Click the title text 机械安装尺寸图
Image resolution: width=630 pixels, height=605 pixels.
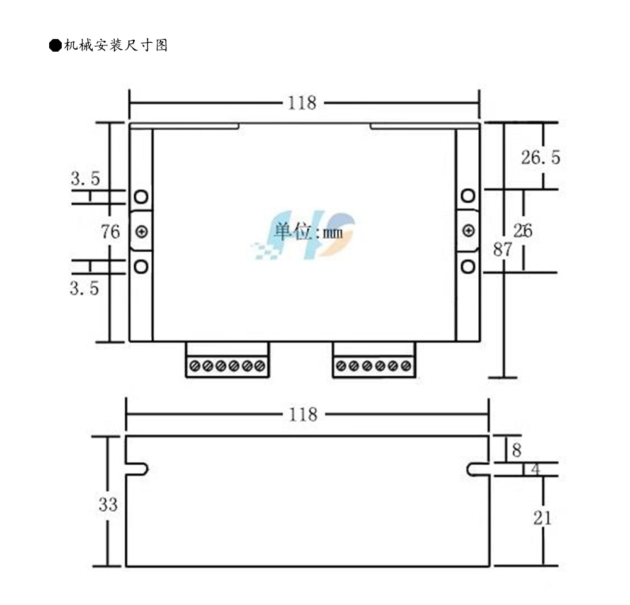pos(115,45)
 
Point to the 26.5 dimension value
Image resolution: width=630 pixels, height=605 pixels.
pos(540,157)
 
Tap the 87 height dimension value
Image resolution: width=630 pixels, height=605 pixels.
pos(502,249)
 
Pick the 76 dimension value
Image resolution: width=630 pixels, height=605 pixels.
pos(110,232)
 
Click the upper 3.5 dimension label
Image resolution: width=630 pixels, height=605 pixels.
pos(85,179)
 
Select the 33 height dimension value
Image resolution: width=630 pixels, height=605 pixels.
pos(108,504)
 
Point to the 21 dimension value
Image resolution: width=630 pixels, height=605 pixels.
pos(542,518)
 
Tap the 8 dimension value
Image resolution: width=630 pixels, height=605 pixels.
pos(517,450)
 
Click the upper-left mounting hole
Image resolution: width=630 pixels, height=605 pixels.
pos(141,196)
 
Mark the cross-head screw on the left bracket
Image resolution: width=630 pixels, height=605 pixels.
pos(141,232)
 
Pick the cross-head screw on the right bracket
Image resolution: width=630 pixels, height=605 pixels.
pos(467,231)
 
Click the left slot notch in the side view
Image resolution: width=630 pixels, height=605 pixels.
pos(138,470)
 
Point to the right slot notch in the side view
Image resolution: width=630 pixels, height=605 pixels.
pos(477,470)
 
